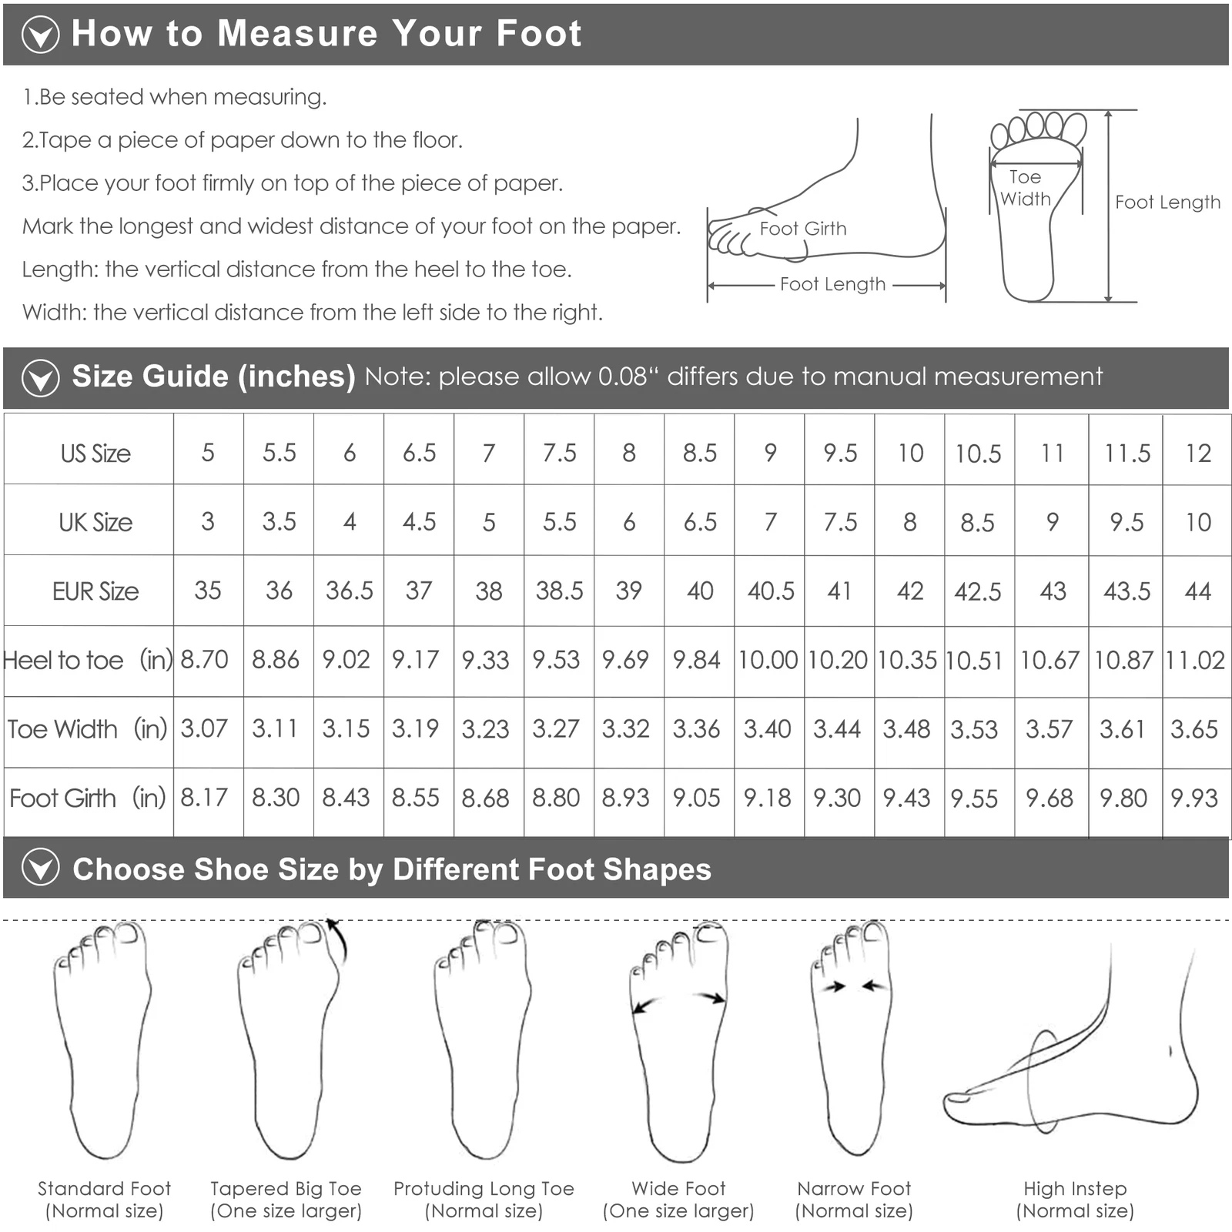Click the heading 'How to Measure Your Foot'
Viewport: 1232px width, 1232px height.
click(326, 34)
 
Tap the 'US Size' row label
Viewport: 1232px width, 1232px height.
click(95, 454)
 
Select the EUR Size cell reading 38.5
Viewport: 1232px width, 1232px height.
click(559, 591)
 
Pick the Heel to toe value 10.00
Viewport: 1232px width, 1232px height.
click(768, 660)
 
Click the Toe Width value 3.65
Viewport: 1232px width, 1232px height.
click(1194, 729)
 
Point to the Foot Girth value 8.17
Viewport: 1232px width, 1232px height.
click(204, 798)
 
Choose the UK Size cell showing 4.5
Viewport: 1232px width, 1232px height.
click(419, 522)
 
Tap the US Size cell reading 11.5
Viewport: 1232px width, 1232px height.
click(1127, 454)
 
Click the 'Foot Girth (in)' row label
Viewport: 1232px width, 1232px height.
click(88, 798)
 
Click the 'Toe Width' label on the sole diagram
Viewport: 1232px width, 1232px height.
click(1026, 188)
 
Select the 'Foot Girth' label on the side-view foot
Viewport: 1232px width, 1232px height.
click(802, 229)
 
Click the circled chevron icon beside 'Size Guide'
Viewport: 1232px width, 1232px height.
click(40, 378)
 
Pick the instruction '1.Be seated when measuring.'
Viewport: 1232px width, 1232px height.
click(175, 97)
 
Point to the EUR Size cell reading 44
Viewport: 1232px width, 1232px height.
click(1197, 591)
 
